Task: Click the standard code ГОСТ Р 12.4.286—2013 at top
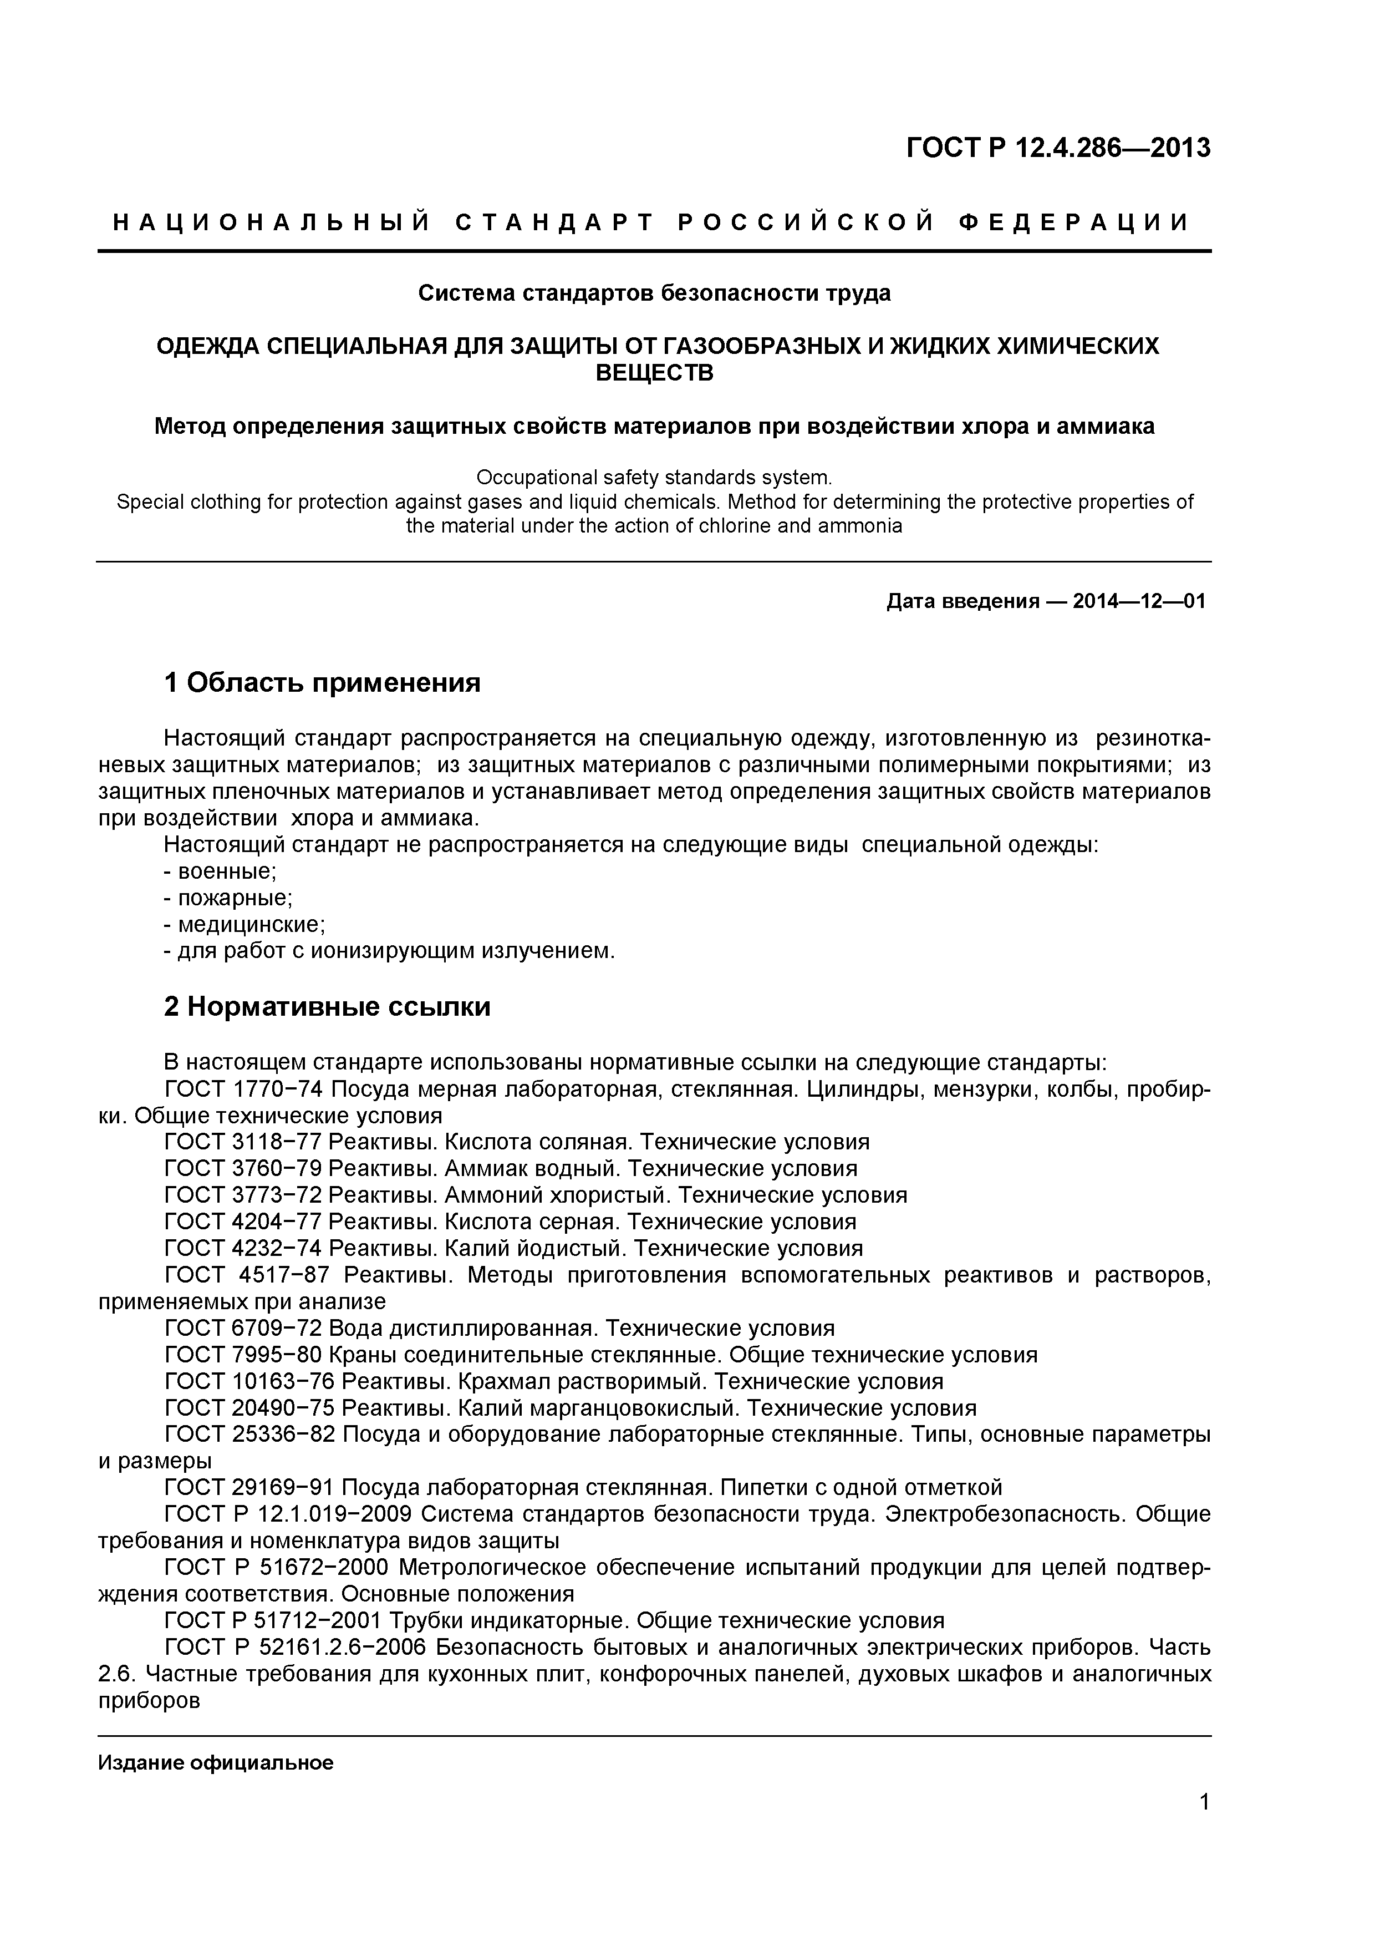[1058, 148]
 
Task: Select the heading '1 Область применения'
[322, 682]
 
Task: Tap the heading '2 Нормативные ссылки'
[327, 1007]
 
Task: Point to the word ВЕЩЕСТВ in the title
[654, 373]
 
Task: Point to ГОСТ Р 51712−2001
[273, 1620]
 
